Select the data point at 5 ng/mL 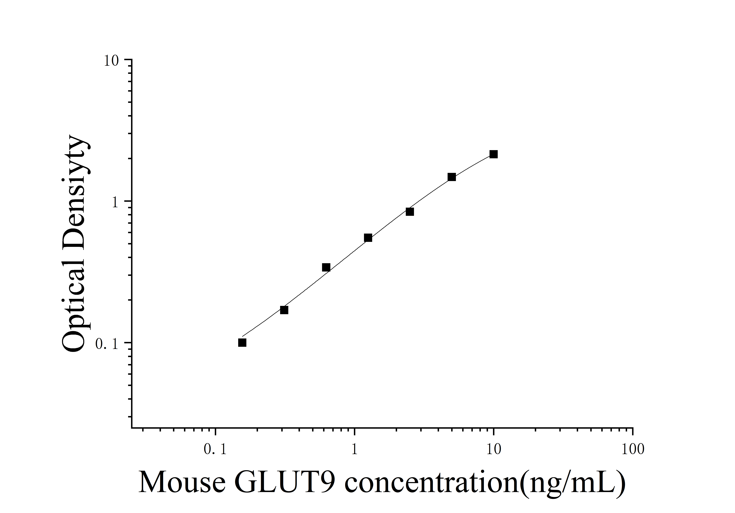(452, 177)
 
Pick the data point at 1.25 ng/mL (368, 238)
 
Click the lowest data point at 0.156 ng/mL (242, 343)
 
